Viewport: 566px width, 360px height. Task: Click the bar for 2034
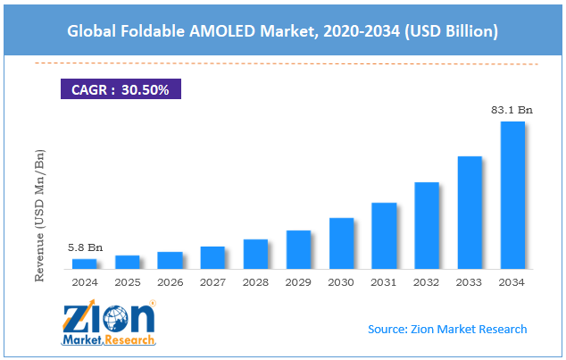(x=512, y=195)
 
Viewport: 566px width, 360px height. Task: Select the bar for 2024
(x=85, y=264)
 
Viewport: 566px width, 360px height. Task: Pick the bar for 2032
(x=427, y=225)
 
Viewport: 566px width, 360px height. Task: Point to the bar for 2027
(x=213, y=257)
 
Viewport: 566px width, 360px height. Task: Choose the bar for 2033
(x=470, y=213)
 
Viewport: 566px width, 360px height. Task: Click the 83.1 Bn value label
(x=512, y=110)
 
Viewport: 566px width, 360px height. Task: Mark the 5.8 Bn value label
(x=84, y=247)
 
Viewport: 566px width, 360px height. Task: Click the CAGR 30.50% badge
(x=121, y=89)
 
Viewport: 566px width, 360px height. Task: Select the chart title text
(x=282, y=31)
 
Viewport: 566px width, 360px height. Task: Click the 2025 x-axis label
(x=128, y=282)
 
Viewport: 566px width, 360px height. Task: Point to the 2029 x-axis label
(x=299, y=282)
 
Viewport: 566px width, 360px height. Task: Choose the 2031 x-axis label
(x=385, y=282)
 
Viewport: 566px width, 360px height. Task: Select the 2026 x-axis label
(x=171, y=282)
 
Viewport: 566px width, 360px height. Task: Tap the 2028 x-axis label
(x=256, y=282)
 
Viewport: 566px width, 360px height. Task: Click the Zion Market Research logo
(x=109, y=323)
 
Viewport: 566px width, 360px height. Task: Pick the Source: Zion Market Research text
(x=447, y=329)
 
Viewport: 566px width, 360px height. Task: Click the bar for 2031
(x=385, y=236)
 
